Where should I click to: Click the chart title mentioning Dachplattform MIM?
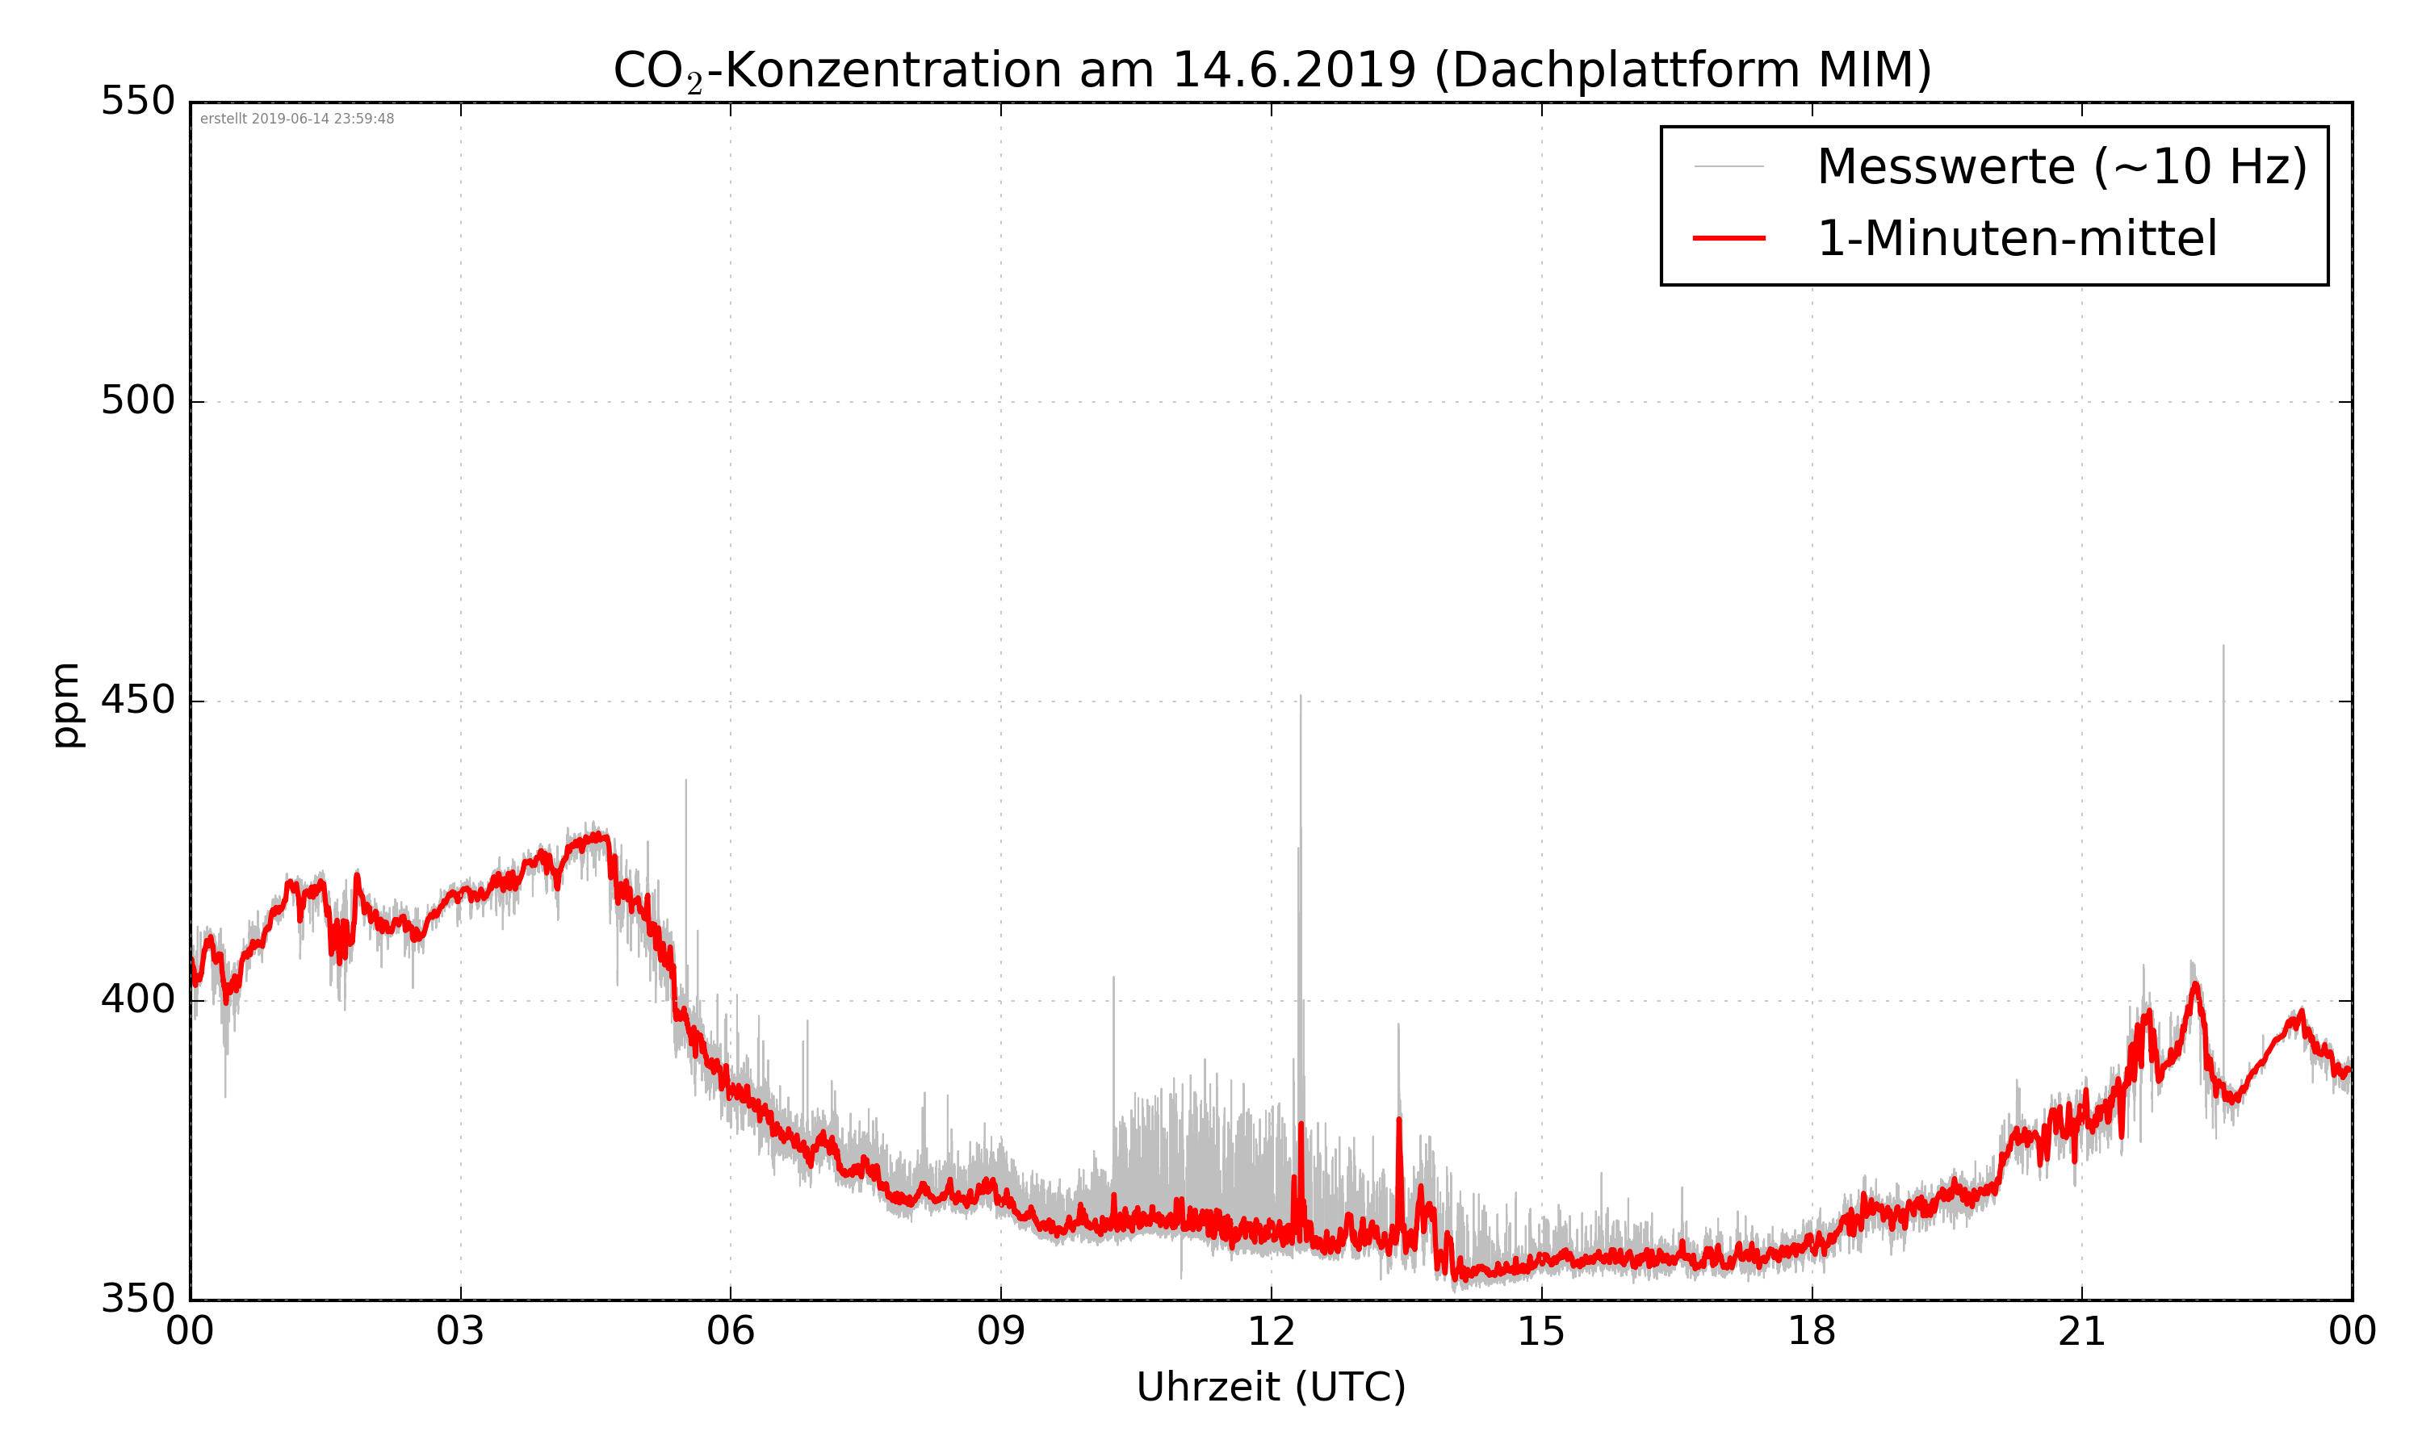click(1272, 70)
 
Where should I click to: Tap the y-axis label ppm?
click(66, 705)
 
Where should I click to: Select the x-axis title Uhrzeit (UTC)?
click(1271, 1387)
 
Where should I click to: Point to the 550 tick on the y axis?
click(138, 102)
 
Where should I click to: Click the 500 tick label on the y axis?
click(138, 400)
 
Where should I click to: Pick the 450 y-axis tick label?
click(138, 700)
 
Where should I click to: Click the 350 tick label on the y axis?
click(138, 1300)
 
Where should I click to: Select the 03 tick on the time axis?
click(460, 1332)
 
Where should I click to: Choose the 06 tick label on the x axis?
click(731, 1332)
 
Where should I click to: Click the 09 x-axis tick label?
click(1000, 1332)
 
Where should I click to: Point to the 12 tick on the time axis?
click(1271, 1332)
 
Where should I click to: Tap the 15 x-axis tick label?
click(1541, 1332)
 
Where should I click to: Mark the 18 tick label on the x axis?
click(1811, 1332)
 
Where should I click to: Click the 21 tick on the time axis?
click(2081, 1332)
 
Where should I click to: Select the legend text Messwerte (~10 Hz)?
click(2062, 166)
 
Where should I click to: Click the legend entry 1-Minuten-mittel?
click(2017, 239)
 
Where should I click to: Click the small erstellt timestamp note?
click(296, 119)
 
